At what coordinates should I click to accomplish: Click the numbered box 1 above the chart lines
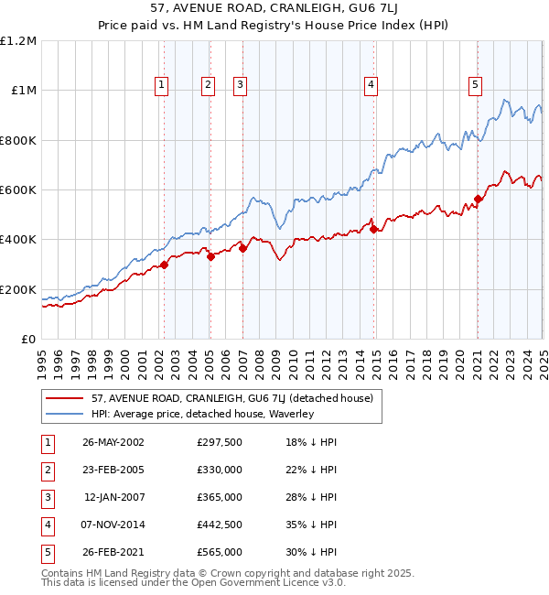[x=161, y=85]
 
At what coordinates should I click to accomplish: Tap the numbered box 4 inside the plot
[x=371, y=85]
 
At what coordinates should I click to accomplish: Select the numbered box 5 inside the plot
[x=476, y=85]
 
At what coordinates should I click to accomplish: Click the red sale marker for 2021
[x=478, y=199]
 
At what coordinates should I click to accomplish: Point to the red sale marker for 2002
[x=165, y=265]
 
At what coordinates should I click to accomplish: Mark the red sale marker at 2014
[x=374, y=230]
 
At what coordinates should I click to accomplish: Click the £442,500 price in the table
[x=219, y=525]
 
